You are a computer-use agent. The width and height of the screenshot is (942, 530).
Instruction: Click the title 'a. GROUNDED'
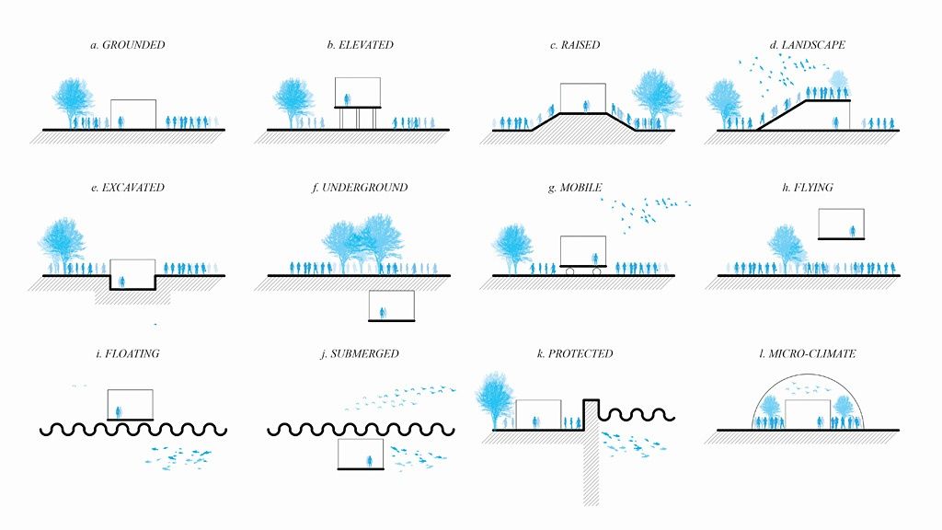(127, 45)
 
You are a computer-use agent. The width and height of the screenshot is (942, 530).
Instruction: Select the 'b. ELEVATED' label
(360, 45)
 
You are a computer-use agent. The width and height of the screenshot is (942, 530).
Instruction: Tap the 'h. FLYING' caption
(808, 188)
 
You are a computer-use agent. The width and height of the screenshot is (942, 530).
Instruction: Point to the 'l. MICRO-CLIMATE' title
(808, 354)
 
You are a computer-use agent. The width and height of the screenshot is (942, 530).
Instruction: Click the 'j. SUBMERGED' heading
(360, 354)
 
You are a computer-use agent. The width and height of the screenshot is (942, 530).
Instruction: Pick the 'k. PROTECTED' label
(575, 354)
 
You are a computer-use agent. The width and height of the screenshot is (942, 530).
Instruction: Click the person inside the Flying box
(852, 231)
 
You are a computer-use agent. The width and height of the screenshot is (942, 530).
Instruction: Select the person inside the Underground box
(383, 313)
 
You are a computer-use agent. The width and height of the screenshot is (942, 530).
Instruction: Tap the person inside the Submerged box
(370, 462)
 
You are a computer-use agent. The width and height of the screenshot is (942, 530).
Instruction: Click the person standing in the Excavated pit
(122, 282)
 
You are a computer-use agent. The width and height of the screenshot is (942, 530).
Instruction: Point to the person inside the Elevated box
(347, 99)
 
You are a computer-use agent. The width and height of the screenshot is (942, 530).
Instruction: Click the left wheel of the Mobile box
(569, 271)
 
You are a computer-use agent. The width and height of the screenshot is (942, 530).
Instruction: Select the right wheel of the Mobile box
(596, 271)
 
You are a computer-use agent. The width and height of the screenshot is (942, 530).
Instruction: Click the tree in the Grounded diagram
(73, 102)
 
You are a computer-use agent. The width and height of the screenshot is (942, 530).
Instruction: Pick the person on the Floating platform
(119, 412)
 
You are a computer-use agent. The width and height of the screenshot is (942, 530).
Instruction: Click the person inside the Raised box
(586, 107)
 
